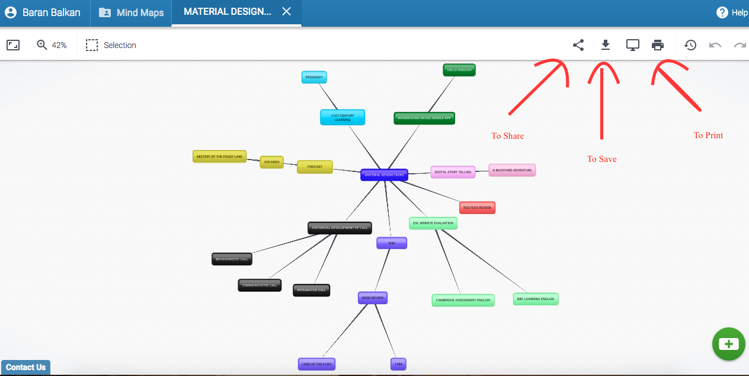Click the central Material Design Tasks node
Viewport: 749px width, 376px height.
tap(384, 175)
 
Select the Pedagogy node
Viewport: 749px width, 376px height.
tap(314, 77)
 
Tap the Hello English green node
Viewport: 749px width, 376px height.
tap(459, 70)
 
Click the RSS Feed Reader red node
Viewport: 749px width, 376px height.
tap(477, 208)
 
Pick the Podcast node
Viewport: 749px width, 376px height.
tap(315, 167)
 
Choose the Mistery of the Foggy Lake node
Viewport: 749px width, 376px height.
tap(219, 157)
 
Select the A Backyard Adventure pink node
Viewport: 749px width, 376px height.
tap(512, 170)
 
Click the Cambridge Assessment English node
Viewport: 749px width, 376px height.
tap(463, 300)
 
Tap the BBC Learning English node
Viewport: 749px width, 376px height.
tap(536, 299)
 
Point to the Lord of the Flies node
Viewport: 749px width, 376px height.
tap(317, 364)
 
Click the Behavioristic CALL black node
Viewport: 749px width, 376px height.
tap(232, 259)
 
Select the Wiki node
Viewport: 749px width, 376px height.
tap(392, 243)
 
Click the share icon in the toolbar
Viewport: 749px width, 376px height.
tap(578, 45)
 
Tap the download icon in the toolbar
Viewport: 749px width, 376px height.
tap(605, 45)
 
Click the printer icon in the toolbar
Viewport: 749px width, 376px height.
tap(658, 45)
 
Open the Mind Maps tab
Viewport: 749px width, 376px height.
tap(131, 12)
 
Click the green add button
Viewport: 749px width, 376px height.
tap(728, 344)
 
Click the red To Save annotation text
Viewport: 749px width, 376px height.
tap(601, 159)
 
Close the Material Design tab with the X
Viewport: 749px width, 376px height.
tap(286, 12)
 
